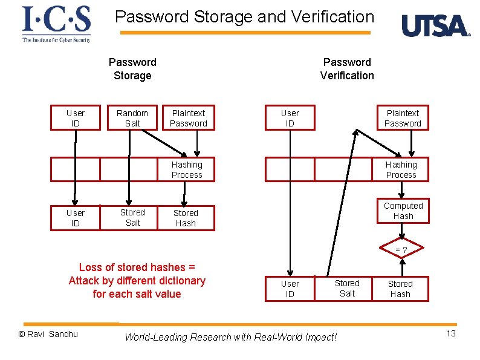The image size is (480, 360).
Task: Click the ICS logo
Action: [x=56, y=24]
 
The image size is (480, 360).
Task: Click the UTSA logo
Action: [x=435, y=27]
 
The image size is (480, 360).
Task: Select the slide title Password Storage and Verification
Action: [x=245, y=16]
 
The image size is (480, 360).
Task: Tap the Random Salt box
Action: [x=132, y=118]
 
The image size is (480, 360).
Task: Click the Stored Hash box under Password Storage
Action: [x=186, y=218]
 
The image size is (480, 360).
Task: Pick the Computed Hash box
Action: [x=403, y=211]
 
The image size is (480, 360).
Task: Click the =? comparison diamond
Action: [x=401, y=250]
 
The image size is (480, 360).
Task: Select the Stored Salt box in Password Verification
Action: [x=347, y=288]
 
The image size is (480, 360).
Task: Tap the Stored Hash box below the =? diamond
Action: [x=400, y=289]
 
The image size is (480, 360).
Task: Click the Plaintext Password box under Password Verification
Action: [x=403, y=118]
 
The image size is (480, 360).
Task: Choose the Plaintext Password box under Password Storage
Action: [x=189, y=118]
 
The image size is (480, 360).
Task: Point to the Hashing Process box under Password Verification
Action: [x=401, y=169]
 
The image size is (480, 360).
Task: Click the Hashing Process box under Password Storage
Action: [x=187, y=169]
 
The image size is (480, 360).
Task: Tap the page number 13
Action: [x=451, y=334]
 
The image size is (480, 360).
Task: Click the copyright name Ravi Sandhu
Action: [x=48, y=334]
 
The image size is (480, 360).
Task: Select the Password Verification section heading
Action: [x=347, y=68]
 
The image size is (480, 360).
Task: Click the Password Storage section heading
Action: [x=132, y=68]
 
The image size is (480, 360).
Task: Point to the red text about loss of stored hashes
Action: [x=137, y=281]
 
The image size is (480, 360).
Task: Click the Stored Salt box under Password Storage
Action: [x=132, y=218]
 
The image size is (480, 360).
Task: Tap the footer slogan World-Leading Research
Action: [x=230, y=337]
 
